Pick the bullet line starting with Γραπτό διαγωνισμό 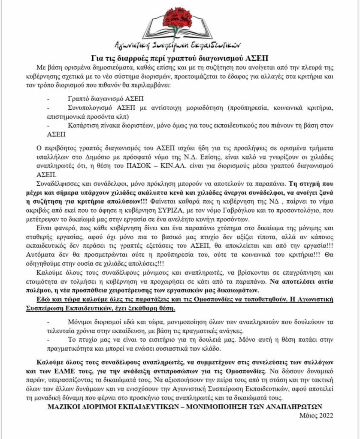coord(99,98)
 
